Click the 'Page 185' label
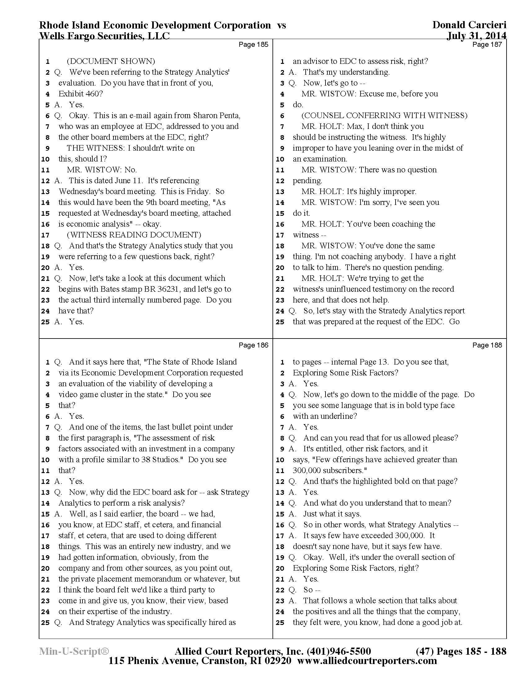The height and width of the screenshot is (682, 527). (253, 44)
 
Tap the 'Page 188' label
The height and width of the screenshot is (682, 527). (487, 345)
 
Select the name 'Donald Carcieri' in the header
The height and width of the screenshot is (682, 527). (469, 25)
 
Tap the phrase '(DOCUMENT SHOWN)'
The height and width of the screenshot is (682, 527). (111, 61)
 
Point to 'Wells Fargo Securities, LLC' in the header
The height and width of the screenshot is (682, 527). (104, 36)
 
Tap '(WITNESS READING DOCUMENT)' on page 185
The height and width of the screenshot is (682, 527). (134, 235)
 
